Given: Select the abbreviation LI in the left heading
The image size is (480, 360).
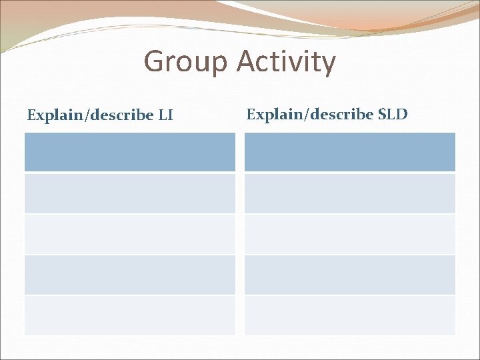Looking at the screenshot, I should pyautogui.click(x=165, y=115).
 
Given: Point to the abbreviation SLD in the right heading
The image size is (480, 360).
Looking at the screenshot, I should pyautogui.click(x=393, y=114).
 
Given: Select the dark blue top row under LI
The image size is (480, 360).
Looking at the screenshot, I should pyautogui.click(x=130, y=152).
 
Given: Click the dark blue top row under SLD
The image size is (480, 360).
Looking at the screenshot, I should pyautogui.click(x=350, y=152).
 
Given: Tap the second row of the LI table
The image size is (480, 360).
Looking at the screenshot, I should pyautogui.click(x=130, y=193).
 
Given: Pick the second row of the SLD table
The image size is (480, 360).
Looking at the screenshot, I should pyautogui.click(x=350, y=193).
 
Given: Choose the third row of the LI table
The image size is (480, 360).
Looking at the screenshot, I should pyautogui.click(x=130, y=234).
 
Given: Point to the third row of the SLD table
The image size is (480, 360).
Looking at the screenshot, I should pyautogui.click(x=350, y=234).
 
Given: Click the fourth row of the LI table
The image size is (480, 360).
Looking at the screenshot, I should pyautogui.click(x=130, y=275).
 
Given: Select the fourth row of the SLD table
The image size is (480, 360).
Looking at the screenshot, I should pyautogui.click(x=350, y=275).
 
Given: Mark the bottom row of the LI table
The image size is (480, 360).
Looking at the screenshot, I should pyautogui.click(x=130, y=315).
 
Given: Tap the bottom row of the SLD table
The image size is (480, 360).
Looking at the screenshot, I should pyautogui.click(x=350, y=315).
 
